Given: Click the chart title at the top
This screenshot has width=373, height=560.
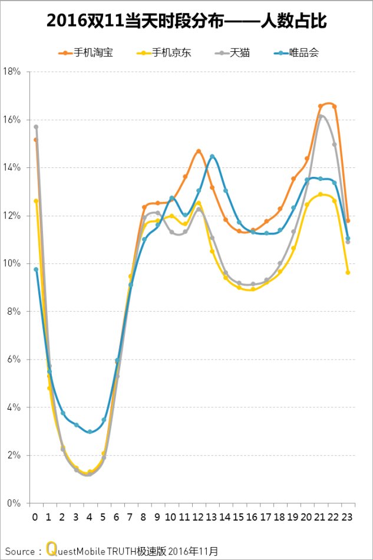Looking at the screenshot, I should (186, 22).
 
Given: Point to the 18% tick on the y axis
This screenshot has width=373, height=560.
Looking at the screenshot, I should (12, 71).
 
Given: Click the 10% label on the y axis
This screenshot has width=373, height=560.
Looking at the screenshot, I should (12, 263).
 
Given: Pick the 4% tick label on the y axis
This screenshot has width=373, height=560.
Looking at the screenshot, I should (14, 407).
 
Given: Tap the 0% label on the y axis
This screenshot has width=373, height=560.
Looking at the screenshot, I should (14, 503).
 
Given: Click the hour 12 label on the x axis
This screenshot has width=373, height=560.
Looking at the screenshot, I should (198, 517).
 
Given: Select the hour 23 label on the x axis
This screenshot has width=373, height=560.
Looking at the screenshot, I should (348, 517).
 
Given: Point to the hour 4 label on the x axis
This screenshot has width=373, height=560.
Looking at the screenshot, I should (90, 517).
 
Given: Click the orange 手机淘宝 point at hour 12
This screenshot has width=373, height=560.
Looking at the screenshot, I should (199, 151).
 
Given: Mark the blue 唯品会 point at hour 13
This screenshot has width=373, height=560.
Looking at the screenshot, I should (212, 156).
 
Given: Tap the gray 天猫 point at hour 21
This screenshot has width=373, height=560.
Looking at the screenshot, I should (321, 117).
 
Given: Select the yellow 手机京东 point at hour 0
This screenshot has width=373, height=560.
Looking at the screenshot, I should (36, 201).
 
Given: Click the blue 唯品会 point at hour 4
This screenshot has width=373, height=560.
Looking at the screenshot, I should (90, 431).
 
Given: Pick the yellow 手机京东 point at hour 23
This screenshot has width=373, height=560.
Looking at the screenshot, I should (348, 272).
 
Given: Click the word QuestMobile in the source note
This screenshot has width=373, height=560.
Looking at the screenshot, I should (72, 551).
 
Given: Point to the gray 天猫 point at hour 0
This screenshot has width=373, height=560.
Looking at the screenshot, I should (36, 127).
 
